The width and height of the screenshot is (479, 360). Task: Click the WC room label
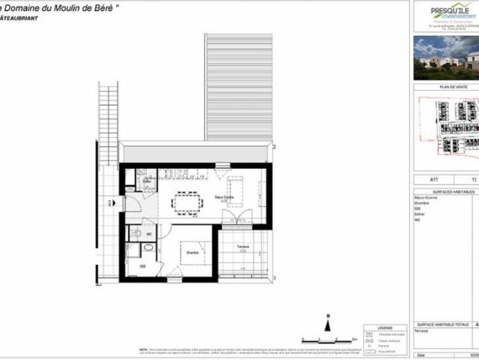[x=149, y=234]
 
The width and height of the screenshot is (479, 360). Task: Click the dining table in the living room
[x=187, y=202]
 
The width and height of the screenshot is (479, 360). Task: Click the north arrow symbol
[x=328, y=323]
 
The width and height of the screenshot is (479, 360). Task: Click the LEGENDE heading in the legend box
[x=385, y=328]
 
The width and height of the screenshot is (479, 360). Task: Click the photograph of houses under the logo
[x=446, y=58]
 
